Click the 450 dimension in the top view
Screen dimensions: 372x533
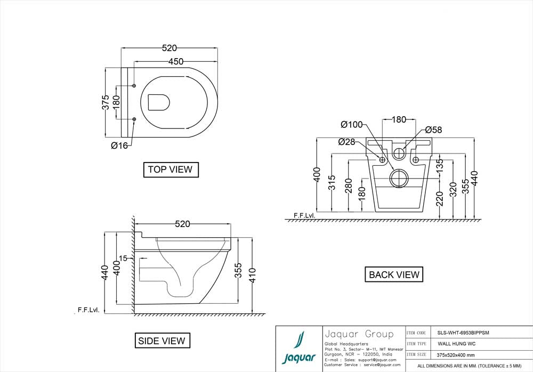point(176,61)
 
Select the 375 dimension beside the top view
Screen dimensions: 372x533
point(106,102)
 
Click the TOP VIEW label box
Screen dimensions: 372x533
point(171,169)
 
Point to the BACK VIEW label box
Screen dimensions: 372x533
point(394,274)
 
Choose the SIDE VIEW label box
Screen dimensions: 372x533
point(161,341)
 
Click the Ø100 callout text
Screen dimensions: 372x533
point(352,125)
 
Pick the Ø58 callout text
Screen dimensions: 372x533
point(433,130)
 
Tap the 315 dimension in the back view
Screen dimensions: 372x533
point(332,183)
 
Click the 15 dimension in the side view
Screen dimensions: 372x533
point(123,258)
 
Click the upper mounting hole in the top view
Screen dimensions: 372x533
point(134,86)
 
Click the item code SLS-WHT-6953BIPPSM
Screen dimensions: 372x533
point(459,332)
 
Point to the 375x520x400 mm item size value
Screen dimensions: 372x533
point(453,355)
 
